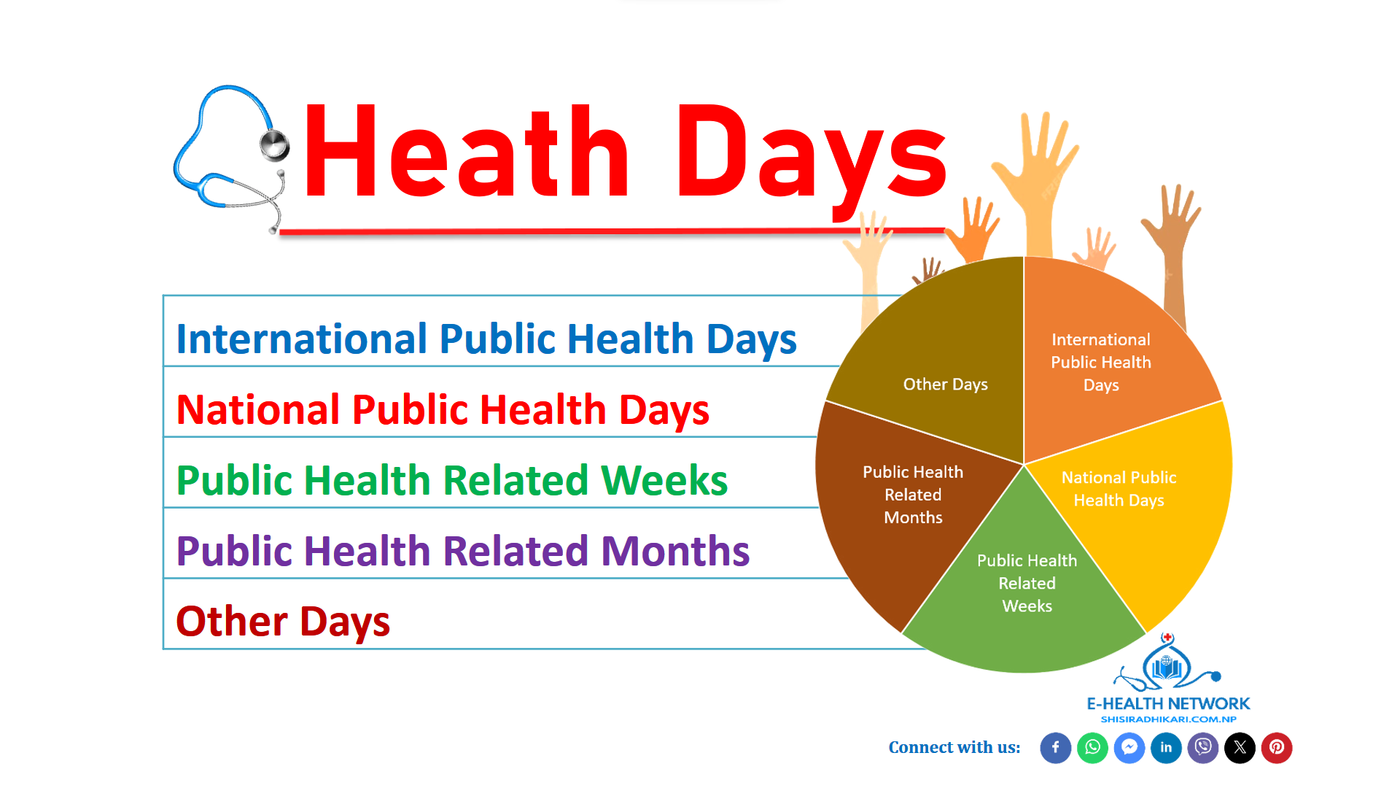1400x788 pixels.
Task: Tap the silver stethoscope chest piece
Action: click(x=275, y=145)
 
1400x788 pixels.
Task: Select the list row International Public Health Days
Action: click(x=486, y=339)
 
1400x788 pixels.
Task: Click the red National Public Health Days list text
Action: click(x=443, y=409)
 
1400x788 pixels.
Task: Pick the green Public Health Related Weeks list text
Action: click(x=452, y=480)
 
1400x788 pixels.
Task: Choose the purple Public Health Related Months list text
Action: click(x=463, y=551)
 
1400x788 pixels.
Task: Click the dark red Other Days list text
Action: click(x=283, y=622)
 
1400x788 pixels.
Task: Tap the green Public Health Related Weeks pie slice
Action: click(x=1024, y=591)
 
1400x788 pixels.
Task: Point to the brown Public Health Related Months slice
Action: click(x=908, y=503)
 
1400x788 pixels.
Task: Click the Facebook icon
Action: click(x=1055, y=748)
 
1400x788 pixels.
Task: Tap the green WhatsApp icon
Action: click(x=1092, y=748)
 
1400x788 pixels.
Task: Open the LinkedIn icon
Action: click(x=1166, y=748)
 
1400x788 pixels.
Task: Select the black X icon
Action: click(x=1240, y=748)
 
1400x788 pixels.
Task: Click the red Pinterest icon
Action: click(x=1277, y=748)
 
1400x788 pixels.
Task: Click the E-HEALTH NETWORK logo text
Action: click(x=1168, y=703)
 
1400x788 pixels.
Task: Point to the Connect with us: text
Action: click(x=954, y=748)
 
